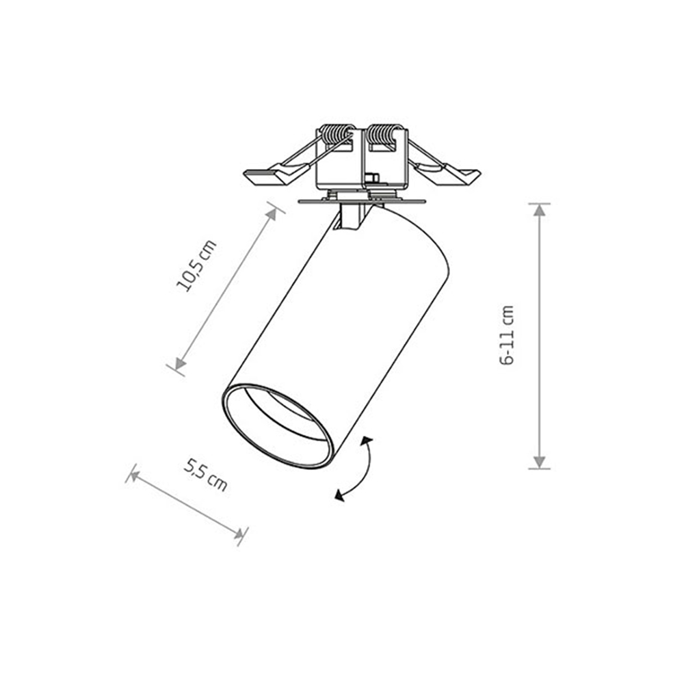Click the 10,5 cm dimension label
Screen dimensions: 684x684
[196, 265]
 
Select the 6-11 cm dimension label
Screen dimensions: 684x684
[508, 335]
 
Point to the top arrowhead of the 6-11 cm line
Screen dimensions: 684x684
[540, 211]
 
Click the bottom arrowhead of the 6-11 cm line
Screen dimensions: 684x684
[540, 462]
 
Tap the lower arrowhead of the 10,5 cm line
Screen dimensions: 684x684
[180, 363]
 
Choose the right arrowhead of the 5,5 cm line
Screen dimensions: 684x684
[238, 533]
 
